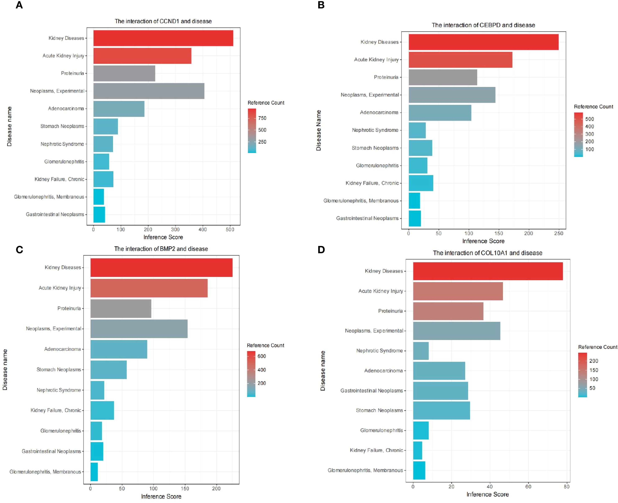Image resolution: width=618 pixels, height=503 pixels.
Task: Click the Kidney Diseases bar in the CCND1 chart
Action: tap(163, 38)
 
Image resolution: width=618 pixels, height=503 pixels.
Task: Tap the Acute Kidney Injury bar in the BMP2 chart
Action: tap(149, 288)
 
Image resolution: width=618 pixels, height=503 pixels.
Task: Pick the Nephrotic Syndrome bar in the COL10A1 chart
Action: tap(421, 351)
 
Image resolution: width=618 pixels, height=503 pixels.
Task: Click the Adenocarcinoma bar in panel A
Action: tap(119, 109)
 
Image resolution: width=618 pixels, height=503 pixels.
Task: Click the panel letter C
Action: tap(19, 250)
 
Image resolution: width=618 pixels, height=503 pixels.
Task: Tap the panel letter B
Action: tap(321, 5)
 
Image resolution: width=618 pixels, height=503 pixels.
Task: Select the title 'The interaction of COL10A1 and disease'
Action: tap(487, 253)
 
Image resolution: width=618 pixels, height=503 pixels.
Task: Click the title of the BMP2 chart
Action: tap(161, 249)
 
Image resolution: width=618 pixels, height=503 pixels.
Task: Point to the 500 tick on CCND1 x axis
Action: tap(230, 229)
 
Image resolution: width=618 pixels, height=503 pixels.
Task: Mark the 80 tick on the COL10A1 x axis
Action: tap(566, 487)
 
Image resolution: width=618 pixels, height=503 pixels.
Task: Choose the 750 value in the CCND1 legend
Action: tap(262, 118)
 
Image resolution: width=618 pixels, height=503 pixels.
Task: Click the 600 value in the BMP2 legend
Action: tap(261, 356)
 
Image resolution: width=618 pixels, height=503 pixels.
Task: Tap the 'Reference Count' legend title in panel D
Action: tap(597, 347)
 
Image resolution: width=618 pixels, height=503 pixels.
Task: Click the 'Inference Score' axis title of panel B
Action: tap(483, 241)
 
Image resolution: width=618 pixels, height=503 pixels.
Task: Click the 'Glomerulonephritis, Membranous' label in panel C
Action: tap(45, 472)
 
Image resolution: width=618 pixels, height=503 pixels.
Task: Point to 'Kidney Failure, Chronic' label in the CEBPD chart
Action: tap(372, 183)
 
